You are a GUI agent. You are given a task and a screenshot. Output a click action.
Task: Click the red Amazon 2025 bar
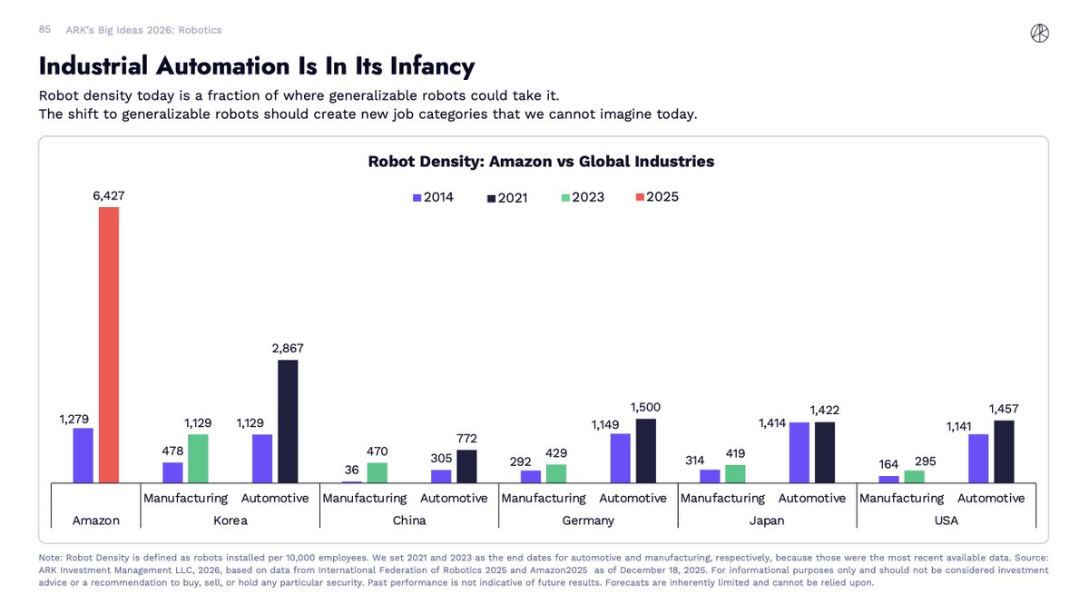tap(109, 345)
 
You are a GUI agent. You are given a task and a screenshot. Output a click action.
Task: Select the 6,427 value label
tap(109, 195)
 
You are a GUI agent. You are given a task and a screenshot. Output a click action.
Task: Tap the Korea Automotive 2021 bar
tap(288, 422)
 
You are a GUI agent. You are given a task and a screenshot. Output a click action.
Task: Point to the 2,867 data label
tap(288, 349)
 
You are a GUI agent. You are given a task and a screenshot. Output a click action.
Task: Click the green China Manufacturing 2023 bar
tap(377, 472)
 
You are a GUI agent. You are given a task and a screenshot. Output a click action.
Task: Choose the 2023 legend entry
tap(584, 197)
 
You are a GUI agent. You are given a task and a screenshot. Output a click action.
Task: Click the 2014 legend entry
tap(433, 197)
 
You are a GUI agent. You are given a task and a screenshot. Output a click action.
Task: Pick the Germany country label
tap(588, 521)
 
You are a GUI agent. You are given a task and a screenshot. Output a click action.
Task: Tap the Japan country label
tap(767, 521)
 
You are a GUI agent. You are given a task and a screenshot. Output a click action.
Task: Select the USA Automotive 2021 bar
tap(1004, 451)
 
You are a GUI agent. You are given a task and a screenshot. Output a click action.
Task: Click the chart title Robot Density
tap(541, 162)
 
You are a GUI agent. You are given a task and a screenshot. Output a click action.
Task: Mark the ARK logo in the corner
tap(1040, 34)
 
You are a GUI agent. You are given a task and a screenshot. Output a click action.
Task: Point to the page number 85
tap(44, 30)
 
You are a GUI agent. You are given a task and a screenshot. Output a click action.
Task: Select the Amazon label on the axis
tap(95, 521)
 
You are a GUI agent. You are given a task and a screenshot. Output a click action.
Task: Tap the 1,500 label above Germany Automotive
tap(645, 407)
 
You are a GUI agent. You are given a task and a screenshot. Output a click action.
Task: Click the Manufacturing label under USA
tap(901, 498)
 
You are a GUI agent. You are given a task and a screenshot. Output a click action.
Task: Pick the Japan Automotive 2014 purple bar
tap(800, 452)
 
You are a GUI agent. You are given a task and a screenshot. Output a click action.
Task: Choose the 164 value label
tap(889, 464)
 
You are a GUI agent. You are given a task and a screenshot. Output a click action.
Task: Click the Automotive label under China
tap(454, 498)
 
